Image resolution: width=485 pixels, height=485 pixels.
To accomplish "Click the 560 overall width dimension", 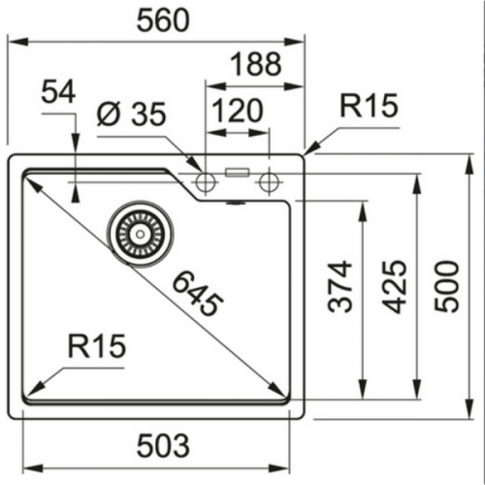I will click(x=158, y=18).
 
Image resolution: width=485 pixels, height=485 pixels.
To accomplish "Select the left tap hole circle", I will click(x=205, y=181).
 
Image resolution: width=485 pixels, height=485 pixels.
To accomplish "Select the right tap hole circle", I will click(x=266, y=181).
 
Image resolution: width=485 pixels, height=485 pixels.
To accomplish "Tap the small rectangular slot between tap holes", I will click(x=236, y=173).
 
